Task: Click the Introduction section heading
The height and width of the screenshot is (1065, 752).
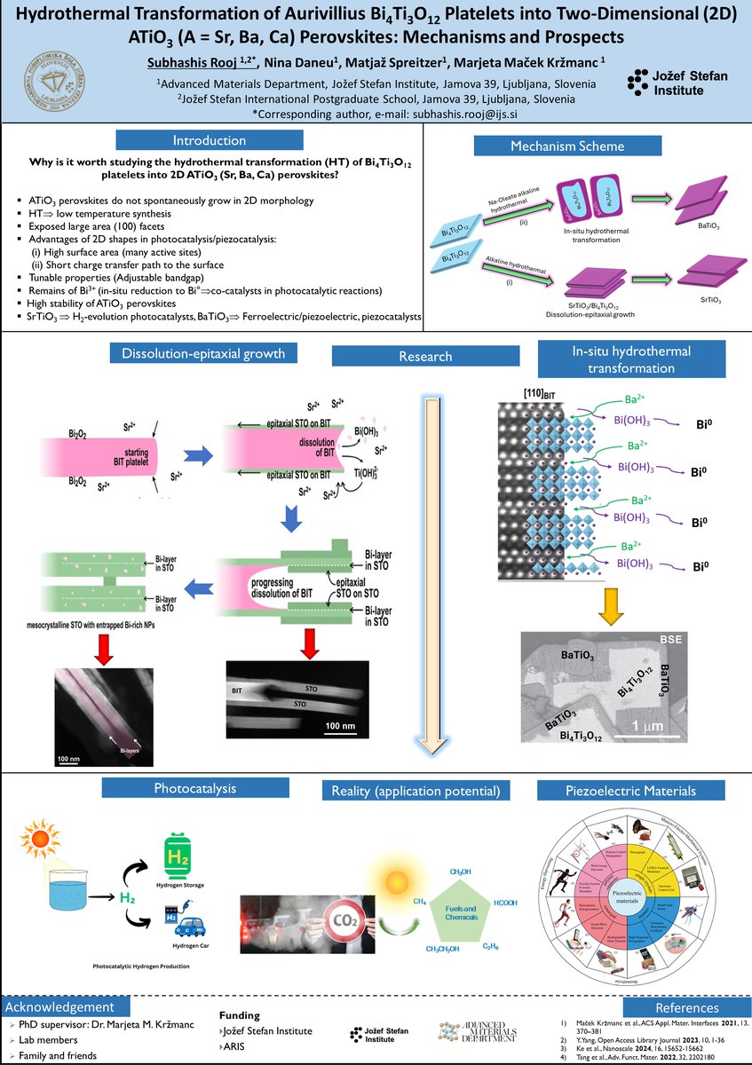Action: coord(210,140)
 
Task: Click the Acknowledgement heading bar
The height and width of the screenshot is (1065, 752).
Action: coord(62,1007)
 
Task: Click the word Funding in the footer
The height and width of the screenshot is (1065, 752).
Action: coord(239,1015)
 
